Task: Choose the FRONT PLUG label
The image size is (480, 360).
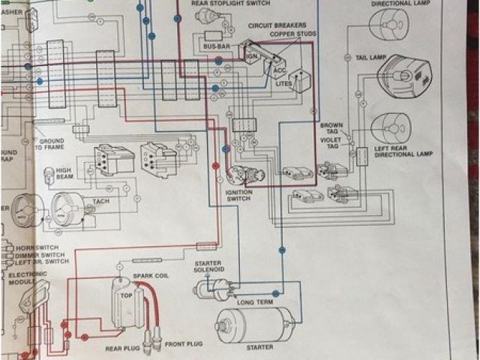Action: (183, 343)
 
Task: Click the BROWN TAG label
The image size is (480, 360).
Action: (331, 128)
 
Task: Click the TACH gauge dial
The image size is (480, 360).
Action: (71, 209)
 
